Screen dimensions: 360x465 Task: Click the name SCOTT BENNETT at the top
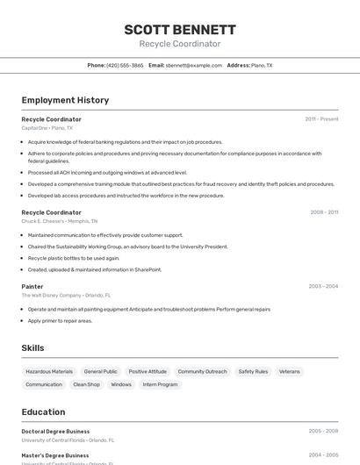pyautogui.click(x=180, y=30)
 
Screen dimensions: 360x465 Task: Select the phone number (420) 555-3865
pyautogui.click(x=125, y=65)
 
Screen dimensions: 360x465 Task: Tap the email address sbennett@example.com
pyautogui.click(x=194, y=65)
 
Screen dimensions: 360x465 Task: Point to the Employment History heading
pyautogui.click(x=65, y=100)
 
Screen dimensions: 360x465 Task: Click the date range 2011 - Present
pyautogui.click(x=321, y=119)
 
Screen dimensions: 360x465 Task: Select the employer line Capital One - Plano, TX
pyautogui.click(x=47, y=128)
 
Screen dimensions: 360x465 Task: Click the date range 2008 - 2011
pyautogui.click(x=324, y=212)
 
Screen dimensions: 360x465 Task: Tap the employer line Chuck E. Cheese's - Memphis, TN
pyautogui.click(x=60, y=221)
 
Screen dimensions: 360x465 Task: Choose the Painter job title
pyautogui.click(x=32, y=286)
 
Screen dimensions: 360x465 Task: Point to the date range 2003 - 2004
pyautogui.click(x=323, y=286)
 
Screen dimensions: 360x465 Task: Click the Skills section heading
pyautogui.click(x=33, y=348)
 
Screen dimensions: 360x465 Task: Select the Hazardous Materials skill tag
pyautogui.click(x=49, y=371)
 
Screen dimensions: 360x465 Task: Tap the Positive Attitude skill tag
pyautogui.click(x=148, y=371)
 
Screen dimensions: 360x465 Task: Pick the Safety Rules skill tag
pyautogui.click(x=253, y=371)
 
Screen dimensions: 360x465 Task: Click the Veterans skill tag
pyautogui.click(x=290, y=371)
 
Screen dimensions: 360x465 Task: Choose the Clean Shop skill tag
pyautogui.click(x=86, y=384)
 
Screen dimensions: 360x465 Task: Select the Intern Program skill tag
pyautogui.click(x=161, y=384)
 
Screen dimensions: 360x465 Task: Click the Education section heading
pyautogui.click(x=43, y=411)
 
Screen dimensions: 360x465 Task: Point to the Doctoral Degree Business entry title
pyautogui.click(x=55, y=432)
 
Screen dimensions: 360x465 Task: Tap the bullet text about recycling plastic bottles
pyautogui.click(x=74, y=258)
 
